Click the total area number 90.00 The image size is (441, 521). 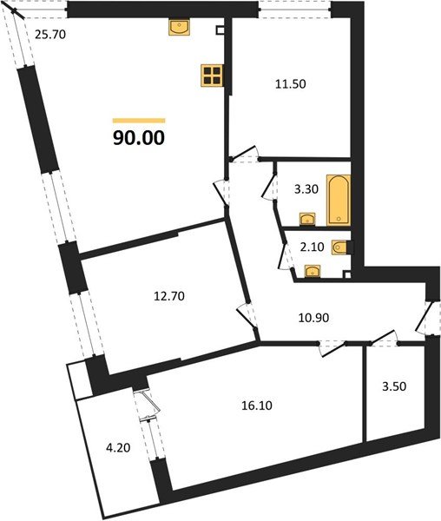[139, 136]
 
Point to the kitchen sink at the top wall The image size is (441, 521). [181, 28]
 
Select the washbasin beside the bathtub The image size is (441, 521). [306, 218]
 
